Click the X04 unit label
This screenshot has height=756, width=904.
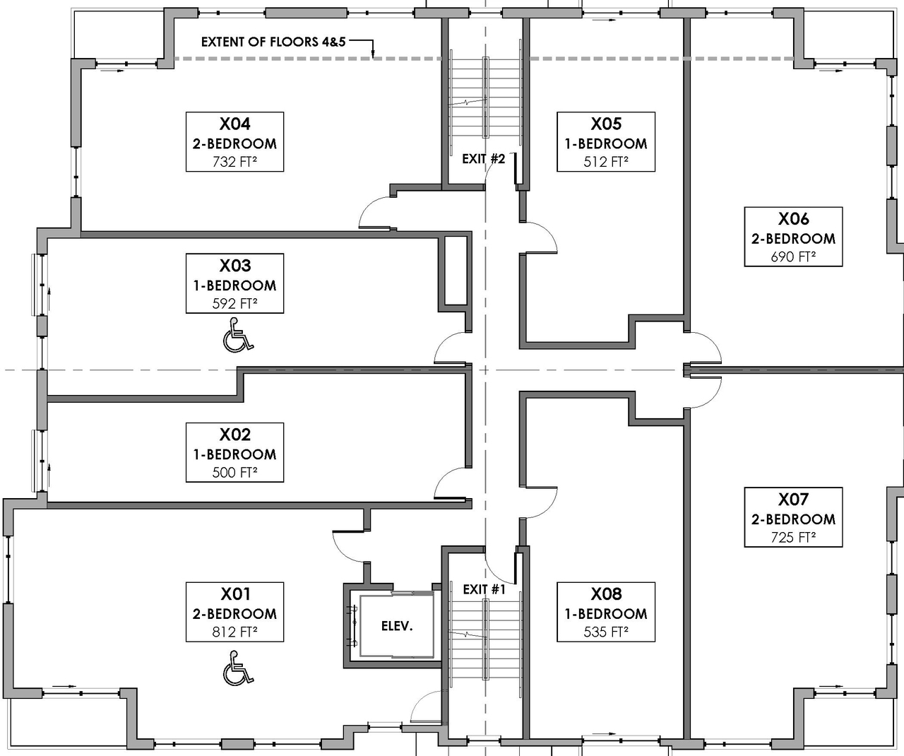click(x=234, y=124)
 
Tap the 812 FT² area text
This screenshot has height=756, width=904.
click(x=234, y=632)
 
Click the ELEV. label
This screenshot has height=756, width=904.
click(x=397, y=626)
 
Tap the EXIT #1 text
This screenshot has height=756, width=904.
click(x=484, y=589)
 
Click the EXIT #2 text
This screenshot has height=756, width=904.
click(x=483, y=159)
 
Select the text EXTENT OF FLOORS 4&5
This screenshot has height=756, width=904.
click(x=270, y=42)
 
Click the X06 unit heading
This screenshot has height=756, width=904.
click(x=793, y=219)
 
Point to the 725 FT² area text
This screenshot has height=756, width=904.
click(x=793, y=538)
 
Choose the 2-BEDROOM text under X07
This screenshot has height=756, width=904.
click(x=793, y=519)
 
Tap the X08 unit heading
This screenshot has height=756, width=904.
click(x=605, y=594)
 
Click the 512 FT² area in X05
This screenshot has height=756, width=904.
click(x=605, y=162)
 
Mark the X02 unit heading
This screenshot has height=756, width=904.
click(x=234, y=435)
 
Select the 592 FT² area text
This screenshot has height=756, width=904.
click(x=234, y=304)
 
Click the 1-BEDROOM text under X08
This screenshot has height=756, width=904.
click(x=605, y=613)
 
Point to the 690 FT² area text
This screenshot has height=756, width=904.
click(x=793, y=257)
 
